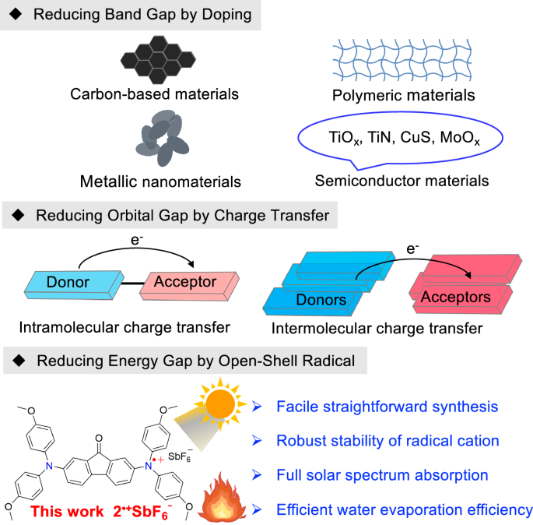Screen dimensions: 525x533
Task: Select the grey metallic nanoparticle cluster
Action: (161, 137)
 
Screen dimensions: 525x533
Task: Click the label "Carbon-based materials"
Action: (154, 94)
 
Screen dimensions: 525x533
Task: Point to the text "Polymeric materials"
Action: (397, 95)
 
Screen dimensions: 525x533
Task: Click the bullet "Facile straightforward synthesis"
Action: (387, 407)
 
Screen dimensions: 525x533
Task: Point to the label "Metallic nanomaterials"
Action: (160, 181)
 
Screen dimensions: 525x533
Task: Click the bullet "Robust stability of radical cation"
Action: (387, 440)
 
